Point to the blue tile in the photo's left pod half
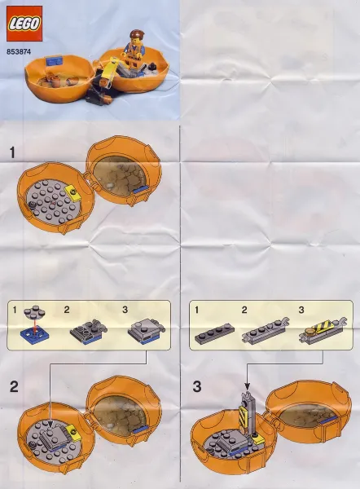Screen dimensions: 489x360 pyautogui.click(x=56, y=59)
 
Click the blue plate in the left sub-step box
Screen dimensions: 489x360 pyautogui.click(x=32, y=333)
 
